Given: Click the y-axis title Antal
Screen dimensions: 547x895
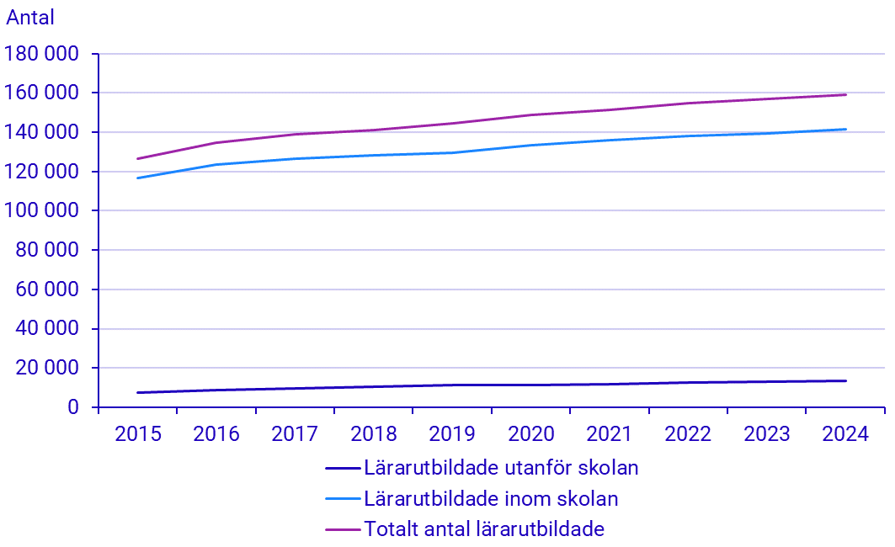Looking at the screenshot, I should pyautogui.click(x=30, y=18).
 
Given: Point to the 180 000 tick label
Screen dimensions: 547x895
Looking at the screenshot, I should pyautogui.click(x=42, y=54).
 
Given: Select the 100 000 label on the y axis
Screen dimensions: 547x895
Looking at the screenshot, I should pyautogui.click(x=42, y=211).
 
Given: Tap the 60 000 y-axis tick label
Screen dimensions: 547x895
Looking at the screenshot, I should pyautogui.click(x=47, y=289).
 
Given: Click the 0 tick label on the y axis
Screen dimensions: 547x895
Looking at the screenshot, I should pyautogui.click(x=73, y=407).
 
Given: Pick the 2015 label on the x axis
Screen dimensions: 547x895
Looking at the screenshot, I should pyautogui.click(x=137, y=434).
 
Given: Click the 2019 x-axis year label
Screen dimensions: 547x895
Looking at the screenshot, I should pyautogui.click(x=452, y=434).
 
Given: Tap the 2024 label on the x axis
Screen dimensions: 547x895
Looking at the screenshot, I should pyautogui.click(x=845, y=434).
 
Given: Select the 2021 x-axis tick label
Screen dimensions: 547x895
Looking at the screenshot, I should pyautogui.click(x=610, y=434).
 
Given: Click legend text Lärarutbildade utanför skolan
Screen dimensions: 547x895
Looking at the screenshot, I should pyautogui.click(x=501, y=468).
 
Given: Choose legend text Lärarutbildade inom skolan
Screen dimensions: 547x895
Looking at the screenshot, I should pyautogui.click(x=491, y=499).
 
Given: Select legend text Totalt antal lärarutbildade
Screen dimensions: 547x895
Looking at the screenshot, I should pyautogui.click(x=484, y=530).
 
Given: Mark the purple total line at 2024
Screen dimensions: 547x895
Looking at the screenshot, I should pyautogui.click(x=845, y=95).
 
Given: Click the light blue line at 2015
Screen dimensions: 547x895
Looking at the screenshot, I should pyautogui.click(x=137, y=178).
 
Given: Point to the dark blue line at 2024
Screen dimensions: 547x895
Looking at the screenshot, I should pyautogui.click(x=845, y=380).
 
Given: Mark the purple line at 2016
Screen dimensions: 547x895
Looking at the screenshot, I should pyautogui.click(x=216, y=143).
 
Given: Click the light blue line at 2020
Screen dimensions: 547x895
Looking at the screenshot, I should pyautogui.click(x=531, y=146).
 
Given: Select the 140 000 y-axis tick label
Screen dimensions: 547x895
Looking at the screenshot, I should pyautogui.click(x=42, y=132).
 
